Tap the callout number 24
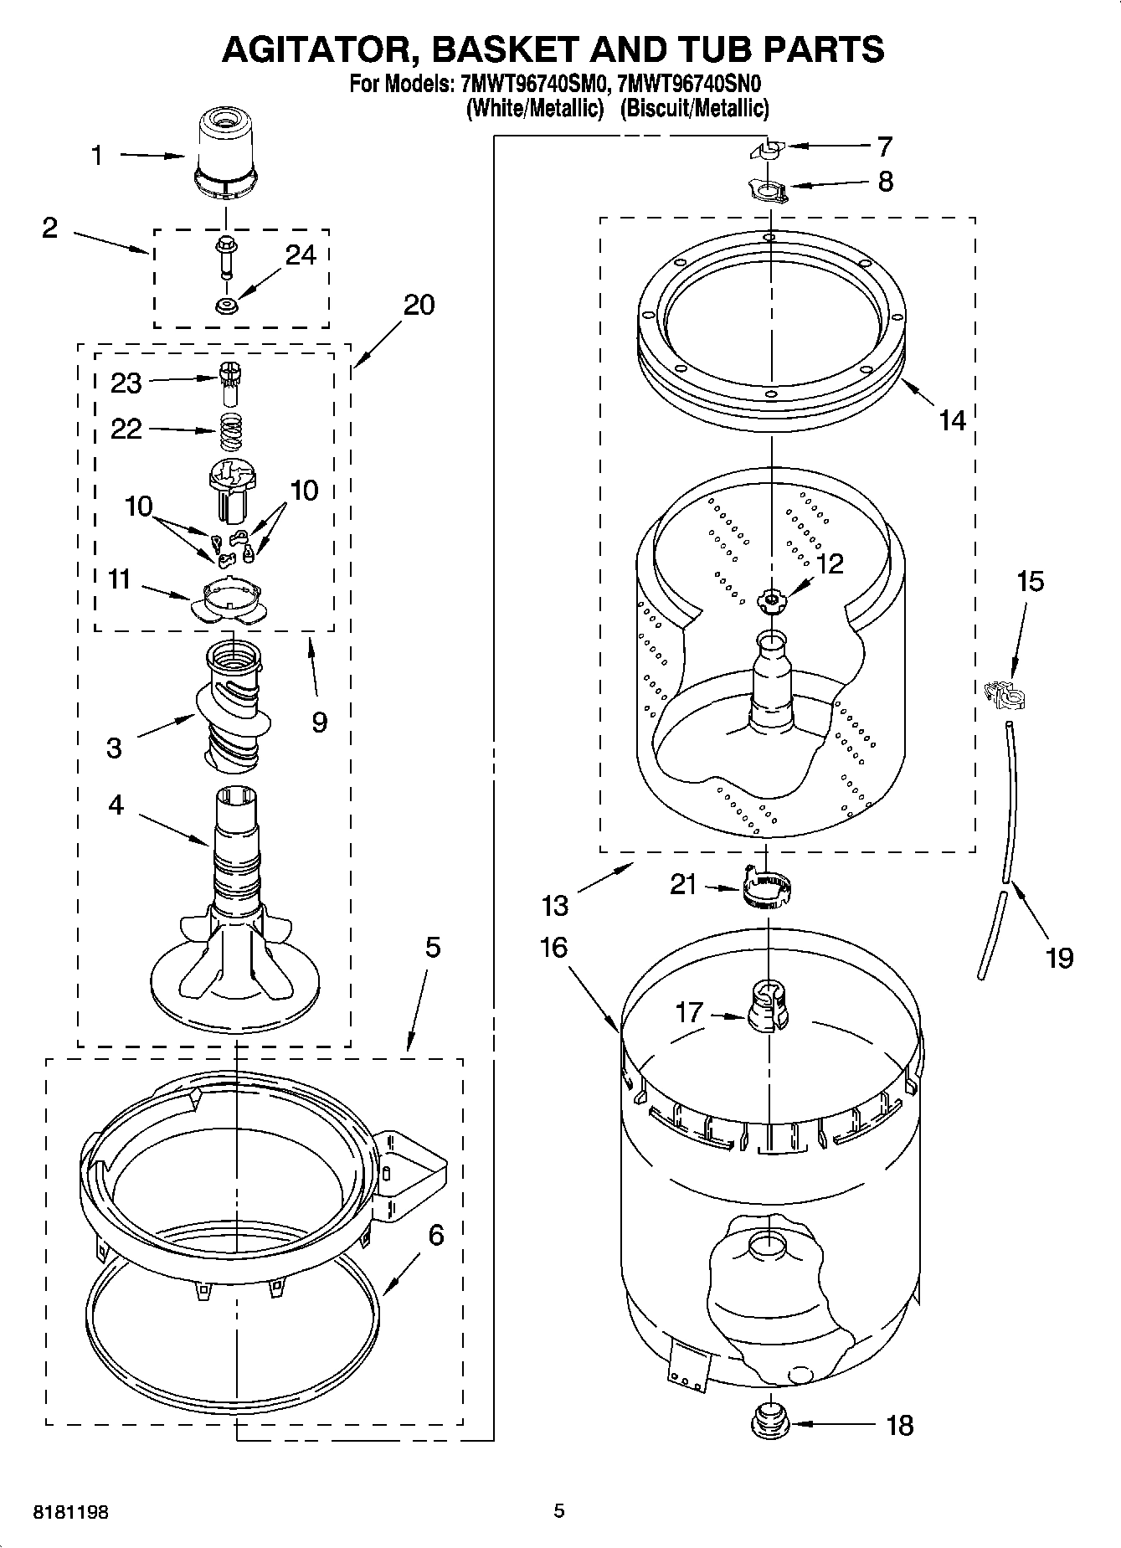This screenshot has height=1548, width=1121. [301, 255]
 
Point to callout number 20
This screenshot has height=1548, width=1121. [419, 304]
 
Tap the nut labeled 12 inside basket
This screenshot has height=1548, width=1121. [769, 598]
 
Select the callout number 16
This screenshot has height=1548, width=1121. [553, 947]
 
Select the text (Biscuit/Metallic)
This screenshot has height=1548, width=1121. [694, 108]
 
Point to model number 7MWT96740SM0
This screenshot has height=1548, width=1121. [532, 85]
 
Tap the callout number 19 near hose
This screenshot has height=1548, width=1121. [1059, 956]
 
